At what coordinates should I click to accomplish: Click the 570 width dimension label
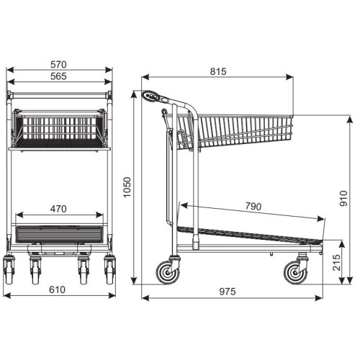[x=58, y=64]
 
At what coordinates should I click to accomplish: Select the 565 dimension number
[x=58, y=76]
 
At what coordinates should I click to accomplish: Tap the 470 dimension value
[x=58, y=209]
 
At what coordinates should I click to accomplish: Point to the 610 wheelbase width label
[x=57, y=289]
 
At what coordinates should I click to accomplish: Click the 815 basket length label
[x=218, y=71]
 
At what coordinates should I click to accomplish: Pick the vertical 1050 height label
[x=127, y=187]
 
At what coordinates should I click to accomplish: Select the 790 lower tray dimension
[x=253, y=207]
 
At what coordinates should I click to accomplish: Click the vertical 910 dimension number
[x=343, y=198]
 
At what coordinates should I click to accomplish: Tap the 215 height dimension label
[x=337, y=263]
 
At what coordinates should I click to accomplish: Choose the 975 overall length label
[x=228, y=292]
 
